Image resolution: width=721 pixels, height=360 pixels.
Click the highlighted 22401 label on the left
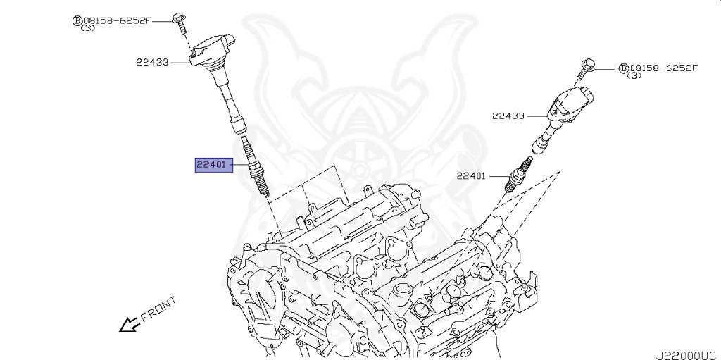pos(211,166)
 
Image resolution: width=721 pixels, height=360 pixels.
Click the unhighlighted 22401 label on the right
pos(471,176)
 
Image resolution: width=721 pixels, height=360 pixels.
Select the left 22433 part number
pos(153,62)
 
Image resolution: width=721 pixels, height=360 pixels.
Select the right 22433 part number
pos(508,116)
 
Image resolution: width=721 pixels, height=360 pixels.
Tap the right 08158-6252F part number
pos(664,68)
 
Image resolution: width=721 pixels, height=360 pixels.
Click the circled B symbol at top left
pos(77,21)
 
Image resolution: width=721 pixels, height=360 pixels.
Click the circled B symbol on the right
pos(623,68)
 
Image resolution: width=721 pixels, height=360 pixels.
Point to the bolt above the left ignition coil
pos(180,20)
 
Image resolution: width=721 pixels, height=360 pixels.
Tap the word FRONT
pos(158,310)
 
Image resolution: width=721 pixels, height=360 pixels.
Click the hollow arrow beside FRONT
pos(127,324)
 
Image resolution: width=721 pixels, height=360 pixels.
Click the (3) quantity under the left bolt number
pos(88,29)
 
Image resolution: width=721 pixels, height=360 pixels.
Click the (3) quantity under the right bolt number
pos(634,76)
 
